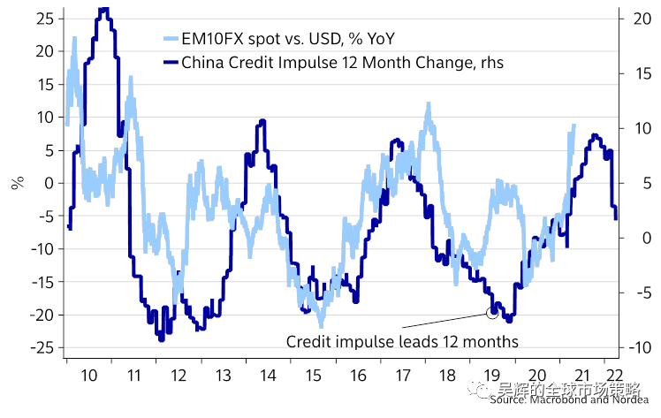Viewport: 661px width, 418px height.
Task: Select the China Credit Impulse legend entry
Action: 341,62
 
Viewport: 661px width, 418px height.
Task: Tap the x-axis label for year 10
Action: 88,375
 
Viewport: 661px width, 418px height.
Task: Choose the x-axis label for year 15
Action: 313,375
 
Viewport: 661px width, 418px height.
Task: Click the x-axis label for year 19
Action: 493,375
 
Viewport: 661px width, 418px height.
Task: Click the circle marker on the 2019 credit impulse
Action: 492,313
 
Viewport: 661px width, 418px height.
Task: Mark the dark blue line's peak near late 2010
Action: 103,10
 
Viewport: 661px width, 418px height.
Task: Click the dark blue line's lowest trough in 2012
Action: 161,338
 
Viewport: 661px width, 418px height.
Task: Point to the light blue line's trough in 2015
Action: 323,325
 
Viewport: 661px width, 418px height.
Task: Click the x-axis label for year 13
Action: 224,375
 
